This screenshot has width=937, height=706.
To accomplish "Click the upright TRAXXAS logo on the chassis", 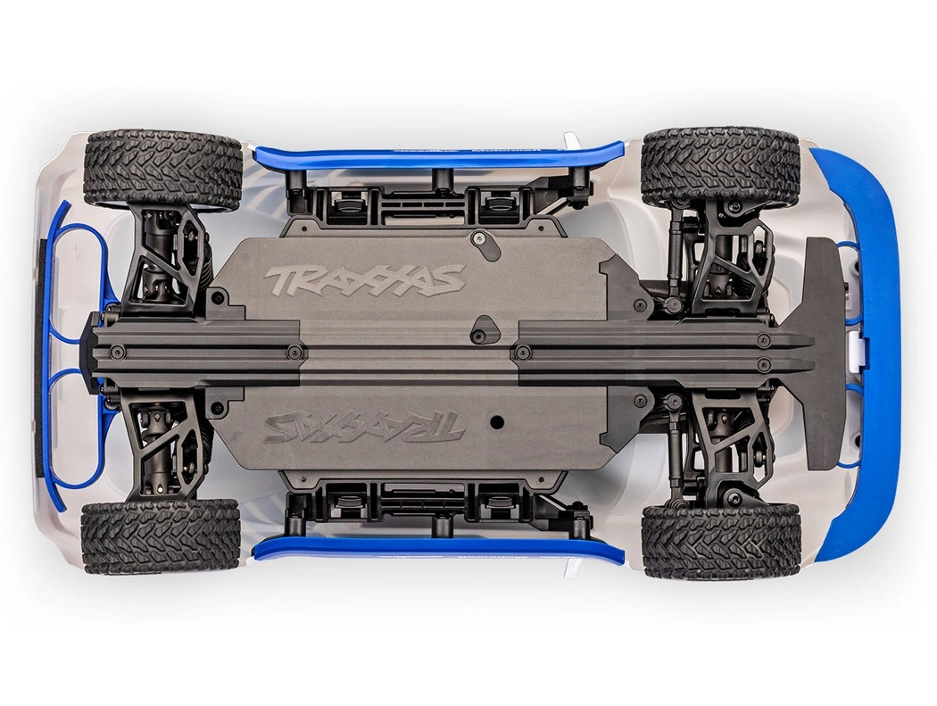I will coord(364,279).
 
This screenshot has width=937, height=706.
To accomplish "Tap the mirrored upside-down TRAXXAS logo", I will coord(364,426).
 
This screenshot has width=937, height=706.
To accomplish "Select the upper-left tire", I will coord(162,170).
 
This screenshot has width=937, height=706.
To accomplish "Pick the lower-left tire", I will coord(161,536).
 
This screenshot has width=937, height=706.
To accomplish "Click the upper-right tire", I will coord(720,167).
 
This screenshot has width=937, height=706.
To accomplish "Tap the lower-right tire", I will coord(720,541).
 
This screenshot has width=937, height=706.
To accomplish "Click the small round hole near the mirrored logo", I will coord(497,421).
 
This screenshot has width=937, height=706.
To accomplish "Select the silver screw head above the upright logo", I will coord(480,239).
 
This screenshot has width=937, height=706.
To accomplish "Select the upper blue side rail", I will coord(437,157).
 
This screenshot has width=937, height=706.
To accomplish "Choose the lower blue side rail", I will coord(437,547).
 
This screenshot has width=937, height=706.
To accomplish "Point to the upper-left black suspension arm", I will coord(165,259).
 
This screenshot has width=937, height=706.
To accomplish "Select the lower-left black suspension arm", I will coord(165,446).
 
